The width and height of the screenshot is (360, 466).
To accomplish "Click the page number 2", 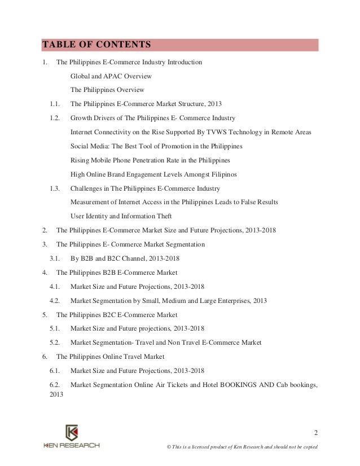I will click(316, 433).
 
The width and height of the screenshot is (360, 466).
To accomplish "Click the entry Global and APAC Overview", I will click(111, 76).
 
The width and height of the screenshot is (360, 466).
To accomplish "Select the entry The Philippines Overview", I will click(107, 90).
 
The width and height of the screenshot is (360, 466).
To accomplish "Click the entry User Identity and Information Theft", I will click(121, 216).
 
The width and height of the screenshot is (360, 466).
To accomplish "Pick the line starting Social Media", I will click(156, 146).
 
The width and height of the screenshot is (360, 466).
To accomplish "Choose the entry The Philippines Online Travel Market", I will click(111, 357).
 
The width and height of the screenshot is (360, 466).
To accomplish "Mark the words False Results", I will click(258, 202).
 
